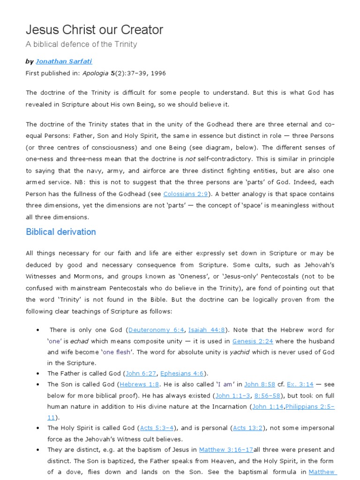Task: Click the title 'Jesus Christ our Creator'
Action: click(94, 30)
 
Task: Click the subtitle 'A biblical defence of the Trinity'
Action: click(81, 45)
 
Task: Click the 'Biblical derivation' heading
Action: click(61, 232)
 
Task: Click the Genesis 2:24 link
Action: click(253, 341)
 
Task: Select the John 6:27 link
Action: click(140, 374)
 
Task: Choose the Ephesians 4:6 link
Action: click(182, 374)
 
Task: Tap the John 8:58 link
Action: click(258, 384)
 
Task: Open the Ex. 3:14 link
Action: click(300, 384)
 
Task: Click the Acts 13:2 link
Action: click(248, 428)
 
